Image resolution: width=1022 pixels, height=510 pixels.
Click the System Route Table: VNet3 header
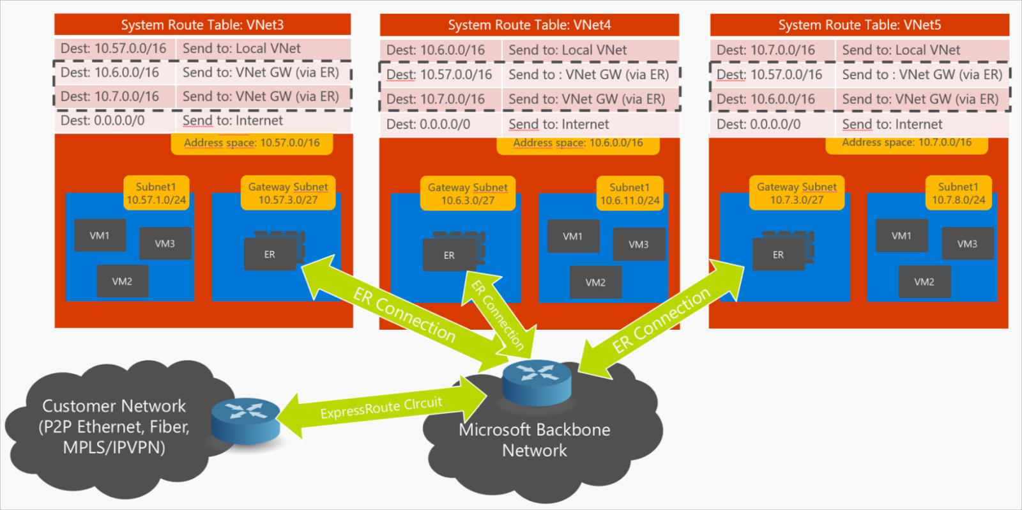click(202, 25)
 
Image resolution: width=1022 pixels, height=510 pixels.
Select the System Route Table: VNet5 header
click(859, 25)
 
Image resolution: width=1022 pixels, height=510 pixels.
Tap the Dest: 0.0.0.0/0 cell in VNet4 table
click(440, 125)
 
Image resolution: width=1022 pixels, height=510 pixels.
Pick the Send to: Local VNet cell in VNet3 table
click(263, 49)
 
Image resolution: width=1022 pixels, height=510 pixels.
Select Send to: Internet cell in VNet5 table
click(922, 125)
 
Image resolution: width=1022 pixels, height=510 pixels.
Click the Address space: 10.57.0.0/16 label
click(252, 143)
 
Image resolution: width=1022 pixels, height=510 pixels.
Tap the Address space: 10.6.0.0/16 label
click(578, 143)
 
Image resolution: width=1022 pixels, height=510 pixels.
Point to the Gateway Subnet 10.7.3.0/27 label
click(797, 193)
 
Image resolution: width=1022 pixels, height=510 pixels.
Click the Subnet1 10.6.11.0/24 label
click(630, 194)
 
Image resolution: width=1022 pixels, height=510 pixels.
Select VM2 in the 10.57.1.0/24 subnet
click(122, 281)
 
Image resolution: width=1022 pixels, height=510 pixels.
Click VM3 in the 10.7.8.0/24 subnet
click(967, 243)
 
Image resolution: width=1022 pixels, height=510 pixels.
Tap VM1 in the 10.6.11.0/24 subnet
click(573, 236)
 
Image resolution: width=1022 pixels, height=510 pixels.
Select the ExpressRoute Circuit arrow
click(382, 407)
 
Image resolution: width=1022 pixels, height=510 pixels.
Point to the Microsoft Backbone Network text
click(535, 440)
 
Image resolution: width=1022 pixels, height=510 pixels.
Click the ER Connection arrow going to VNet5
click(662, 319)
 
